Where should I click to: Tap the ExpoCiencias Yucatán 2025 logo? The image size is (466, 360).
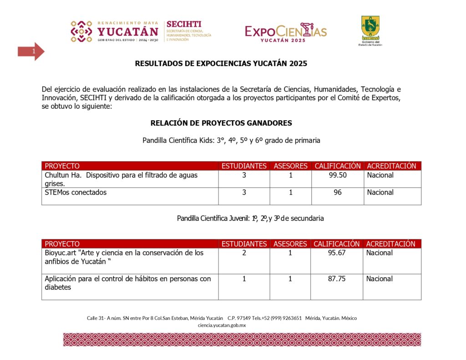[286, 32]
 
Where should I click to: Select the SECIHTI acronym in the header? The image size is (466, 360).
[184, 24]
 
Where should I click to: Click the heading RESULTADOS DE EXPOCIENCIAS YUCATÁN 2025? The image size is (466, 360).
[221, 64]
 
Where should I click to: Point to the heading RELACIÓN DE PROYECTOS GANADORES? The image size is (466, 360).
[221, 123]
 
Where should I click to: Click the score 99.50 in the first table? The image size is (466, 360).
[337, 175]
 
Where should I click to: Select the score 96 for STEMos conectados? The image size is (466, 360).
[337, 193]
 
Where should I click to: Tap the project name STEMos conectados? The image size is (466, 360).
[76, 193]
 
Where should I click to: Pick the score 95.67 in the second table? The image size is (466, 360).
[337, 253]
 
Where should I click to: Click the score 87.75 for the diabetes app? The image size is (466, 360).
[337, 279]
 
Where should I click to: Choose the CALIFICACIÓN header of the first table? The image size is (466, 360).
[337, 166]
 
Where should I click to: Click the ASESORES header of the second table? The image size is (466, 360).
[290, 244]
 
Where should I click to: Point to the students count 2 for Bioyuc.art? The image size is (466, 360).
[244, 253]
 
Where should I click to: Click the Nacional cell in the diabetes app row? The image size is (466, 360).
[380, 279]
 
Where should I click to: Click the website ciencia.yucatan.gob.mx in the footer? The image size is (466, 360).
[222, 325]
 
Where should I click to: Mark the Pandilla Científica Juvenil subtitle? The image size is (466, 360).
[250, 218]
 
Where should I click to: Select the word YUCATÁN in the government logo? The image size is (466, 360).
[128, 31]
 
